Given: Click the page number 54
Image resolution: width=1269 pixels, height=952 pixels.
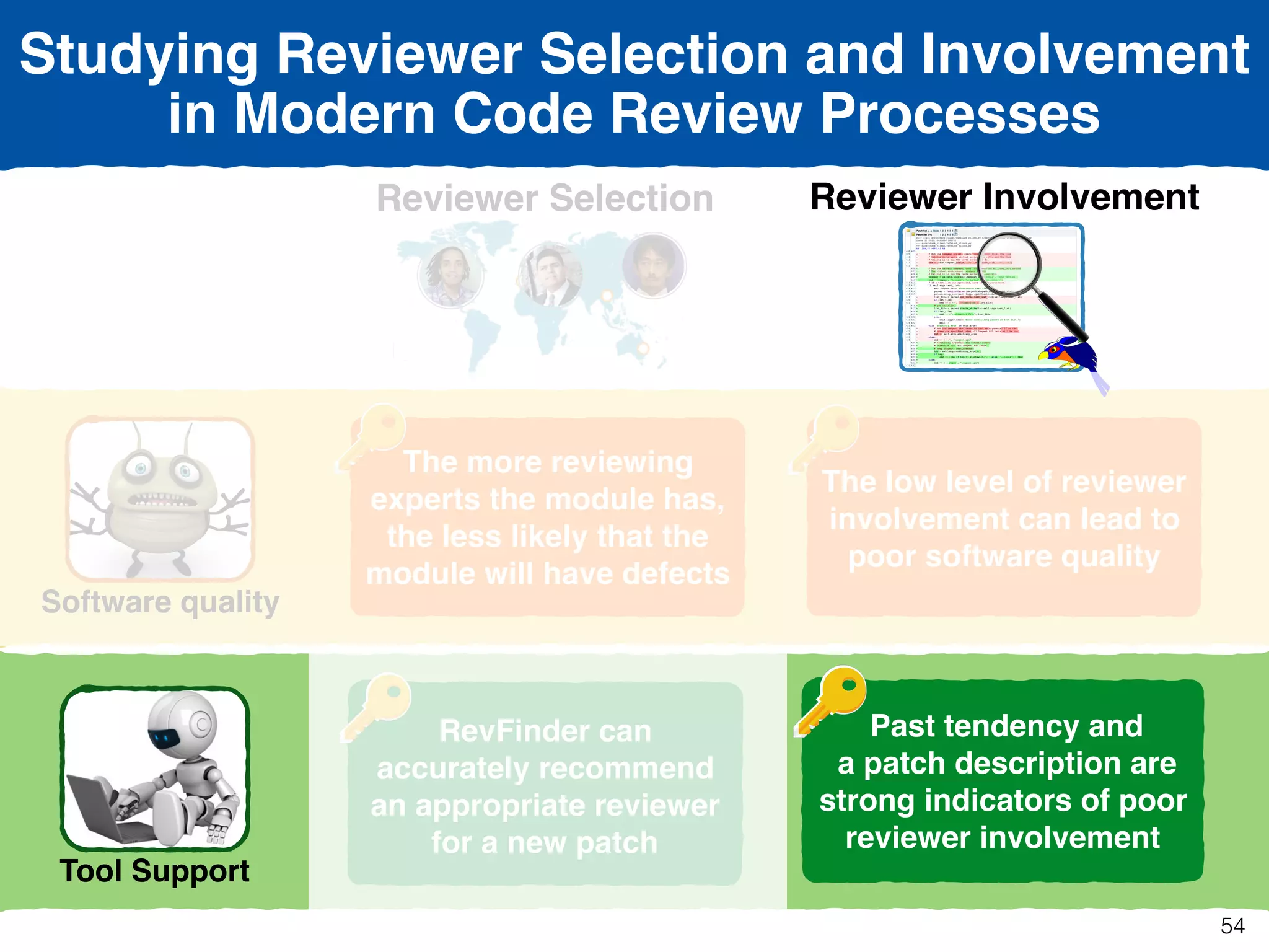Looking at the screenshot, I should (1232, 926).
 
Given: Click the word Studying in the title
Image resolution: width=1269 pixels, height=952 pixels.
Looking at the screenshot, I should (138, 56).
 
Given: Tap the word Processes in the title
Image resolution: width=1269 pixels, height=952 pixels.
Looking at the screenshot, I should (960, 114).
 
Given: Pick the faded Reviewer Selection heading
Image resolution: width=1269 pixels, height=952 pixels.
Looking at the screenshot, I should (545, 198).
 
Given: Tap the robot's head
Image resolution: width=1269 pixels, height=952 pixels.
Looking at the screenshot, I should (183, 725).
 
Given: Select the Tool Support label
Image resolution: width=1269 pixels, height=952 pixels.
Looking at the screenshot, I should (154, 871).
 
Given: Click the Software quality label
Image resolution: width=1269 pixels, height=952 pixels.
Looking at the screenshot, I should (160, 602).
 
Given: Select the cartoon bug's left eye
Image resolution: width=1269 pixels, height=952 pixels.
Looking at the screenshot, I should (140, 468).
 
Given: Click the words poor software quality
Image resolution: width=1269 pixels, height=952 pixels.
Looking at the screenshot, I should (1003, 557).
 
